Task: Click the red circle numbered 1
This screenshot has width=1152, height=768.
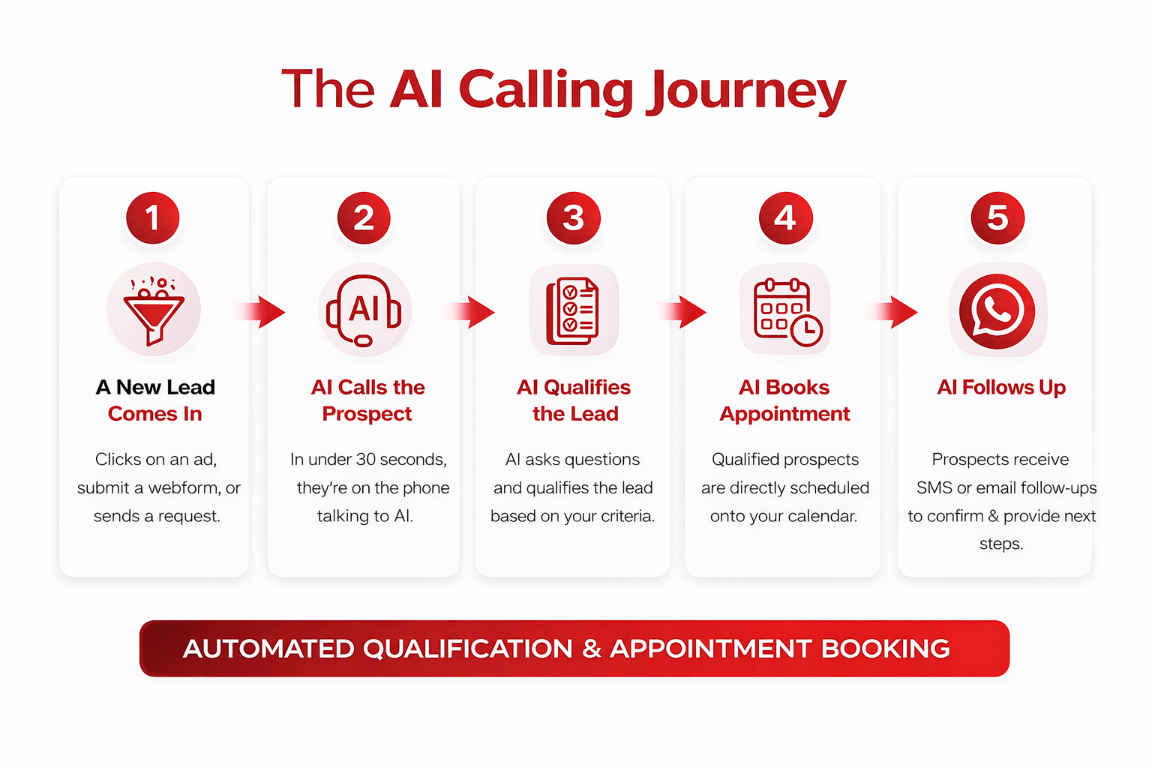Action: click(x=153, y=218)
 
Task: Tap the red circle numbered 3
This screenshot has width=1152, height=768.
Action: click(x=574, y=218)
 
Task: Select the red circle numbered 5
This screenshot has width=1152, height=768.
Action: click(x=997, y=218)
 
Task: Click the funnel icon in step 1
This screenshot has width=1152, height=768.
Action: click(x=154, y=310)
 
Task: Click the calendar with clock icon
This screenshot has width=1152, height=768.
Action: click(x=786, y=310)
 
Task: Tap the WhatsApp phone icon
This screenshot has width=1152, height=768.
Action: click(x=997, y=310)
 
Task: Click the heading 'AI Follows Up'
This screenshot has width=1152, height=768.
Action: click(x=1001, y=387)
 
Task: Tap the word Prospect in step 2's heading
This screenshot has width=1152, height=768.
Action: click(x=367, y=414)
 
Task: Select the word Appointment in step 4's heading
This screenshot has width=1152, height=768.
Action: click(x=784, y=414)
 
